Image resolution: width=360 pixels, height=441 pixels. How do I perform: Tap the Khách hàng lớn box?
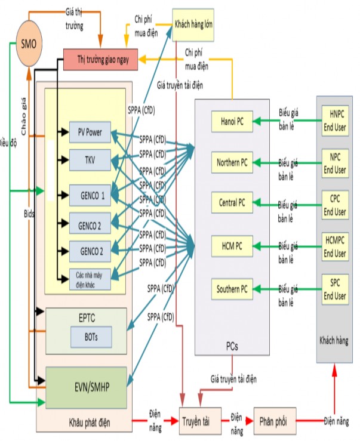click(x=194, y=24)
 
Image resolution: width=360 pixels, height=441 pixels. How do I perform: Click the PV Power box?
click(x=90, y=132)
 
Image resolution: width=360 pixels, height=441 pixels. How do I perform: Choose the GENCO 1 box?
click(x=90, y=195)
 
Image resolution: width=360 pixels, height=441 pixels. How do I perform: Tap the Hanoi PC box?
click(x=232, y=122)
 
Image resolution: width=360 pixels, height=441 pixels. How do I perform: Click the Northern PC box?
click(x=232, y=162)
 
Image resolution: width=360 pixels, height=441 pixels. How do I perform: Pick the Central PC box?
click(x=232, y=203)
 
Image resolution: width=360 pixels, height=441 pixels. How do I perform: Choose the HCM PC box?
click(x=232, y=245)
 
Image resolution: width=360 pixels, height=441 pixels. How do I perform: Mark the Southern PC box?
click(x=232, y=290)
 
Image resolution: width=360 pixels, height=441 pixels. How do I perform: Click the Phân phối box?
click(x=274, y=421)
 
